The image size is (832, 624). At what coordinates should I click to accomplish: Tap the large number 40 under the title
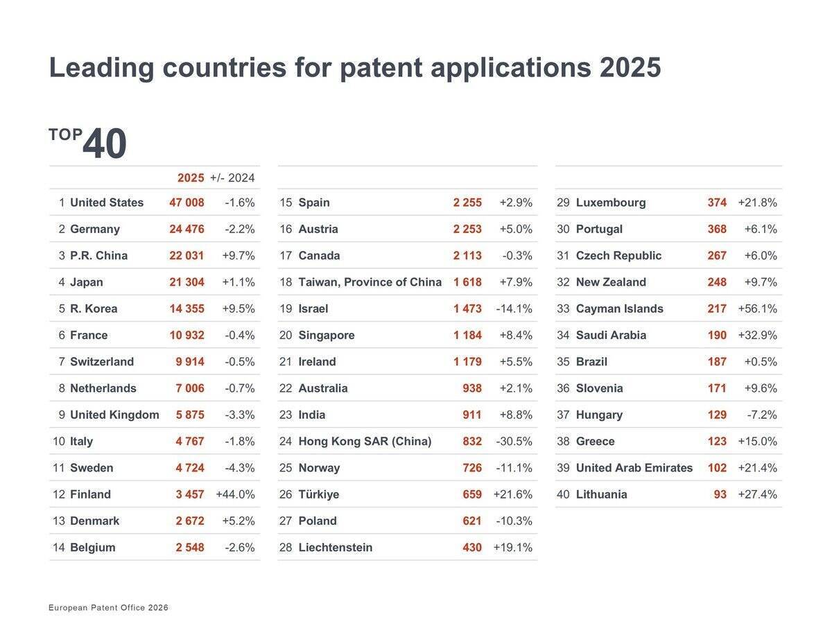coord(105,144)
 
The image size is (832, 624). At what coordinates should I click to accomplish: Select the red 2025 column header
coord(191,178)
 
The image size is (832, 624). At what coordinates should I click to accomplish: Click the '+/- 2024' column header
coord(232,178)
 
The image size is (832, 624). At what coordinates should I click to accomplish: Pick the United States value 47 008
coord(187,202)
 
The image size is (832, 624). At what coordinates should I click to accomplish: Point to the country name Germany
coord(95,229)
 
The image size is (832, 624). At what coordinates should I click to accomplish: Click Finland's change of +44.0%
coord(235,494)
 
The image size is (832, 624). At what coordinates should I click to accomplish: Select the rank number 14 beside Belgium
coord(58,548)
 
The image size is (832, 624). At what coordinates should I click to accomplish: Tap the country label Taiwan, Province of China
coord(370,282)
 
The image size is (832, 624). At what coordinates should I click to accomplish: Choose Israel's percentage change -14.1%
coord(514,309)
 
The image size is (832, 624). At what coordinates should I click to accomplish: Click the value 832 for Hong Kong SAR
coord(472,442)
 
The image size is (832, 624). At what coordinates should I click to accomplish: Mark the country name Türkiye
coord(318,494)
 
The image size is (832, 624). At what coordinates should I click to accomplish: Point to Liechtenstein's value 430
coord(472,548)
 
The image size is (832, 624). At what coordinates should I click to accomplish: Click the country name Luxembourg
coord(611,202)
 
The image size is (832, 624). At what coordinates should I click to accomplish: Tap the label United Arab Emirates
coord(634,468)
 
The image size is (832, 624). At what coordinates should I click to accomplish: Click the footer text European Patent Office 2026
coord(108,608)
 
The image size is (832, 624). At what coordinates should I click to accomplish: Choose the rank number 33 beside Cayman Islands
coord(563,309)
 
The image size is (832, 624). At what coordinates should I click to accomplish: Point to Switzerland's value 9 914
coord(190,362)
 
